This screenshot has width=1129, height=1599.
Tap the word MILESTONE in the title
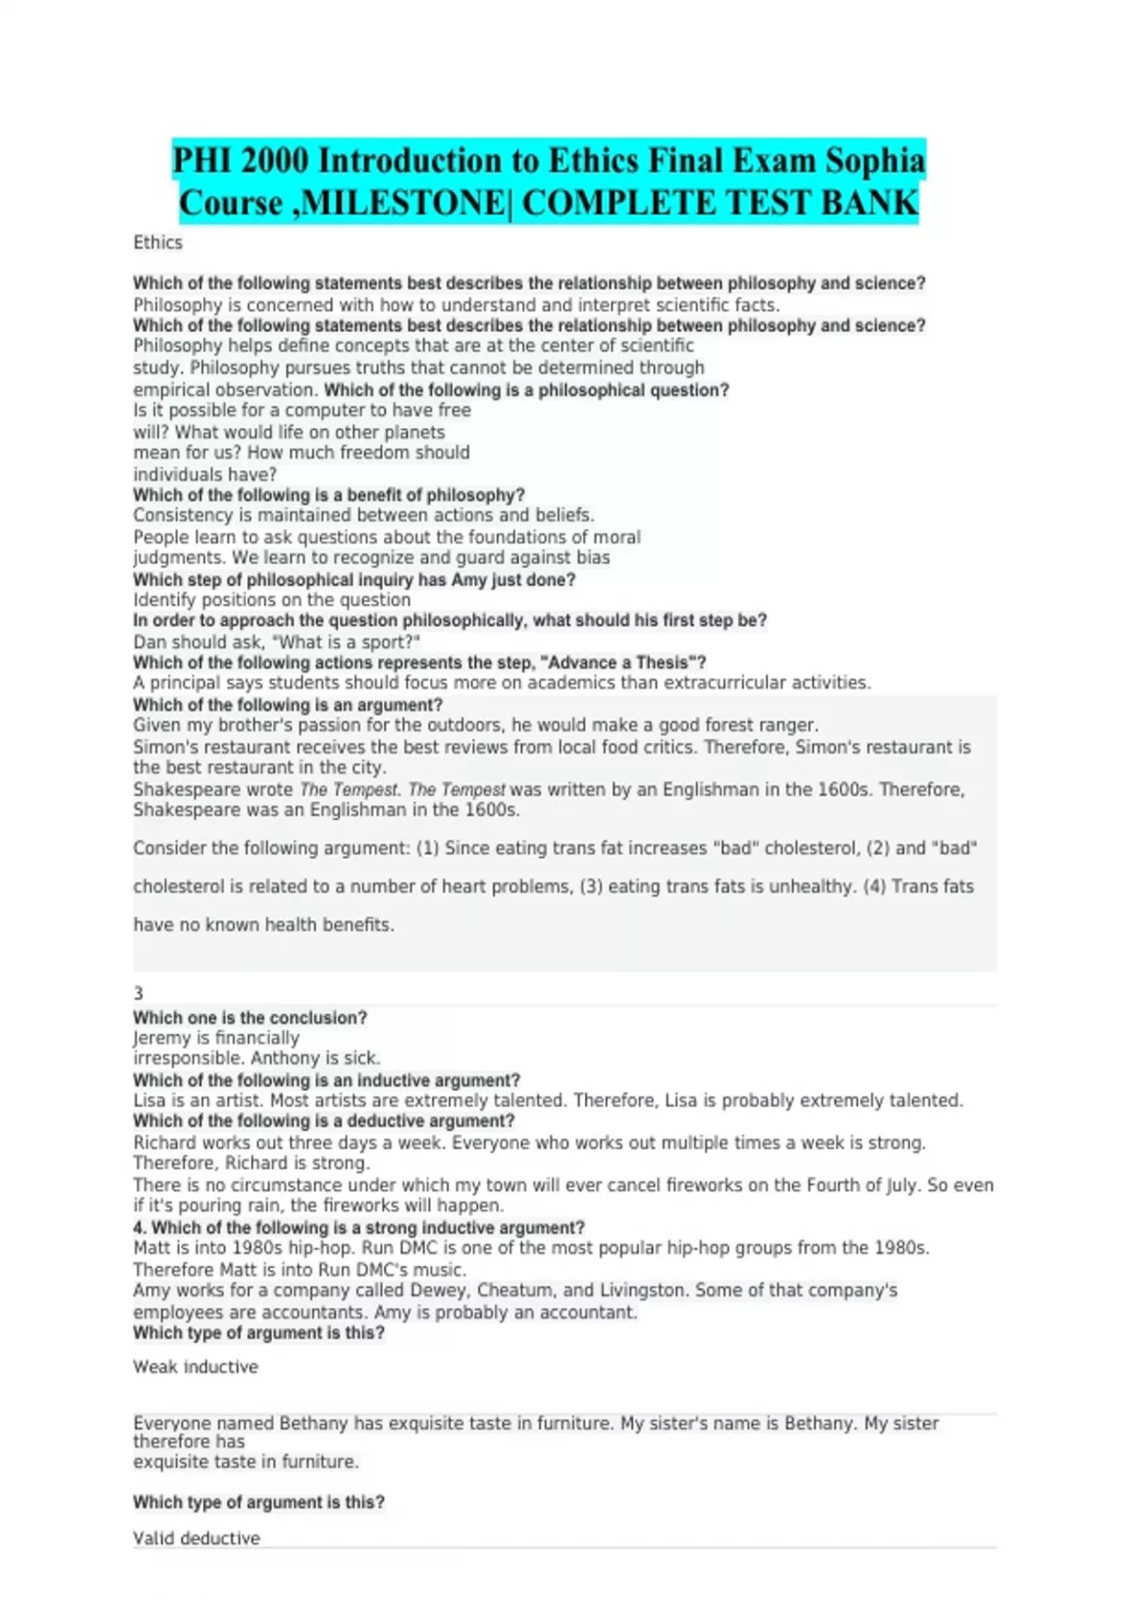click(x=399, y=203)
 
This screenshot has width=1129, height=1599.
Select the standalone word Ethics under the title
click(x=158, y=243)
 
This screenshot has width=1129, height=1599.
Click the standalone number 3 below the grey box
click(x=138, y=993)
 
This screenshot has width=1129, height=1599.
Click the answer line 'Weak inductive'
click(x=196, y=1367)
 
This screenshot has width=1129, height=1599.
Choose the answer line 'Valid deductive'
click(x=197, y=1538)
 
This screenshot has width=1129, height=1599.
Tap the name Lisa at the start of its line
click(x=149, y=1100)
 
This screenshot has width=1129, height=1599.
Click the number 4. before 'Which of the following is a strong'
click(x=140, y=1227)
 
